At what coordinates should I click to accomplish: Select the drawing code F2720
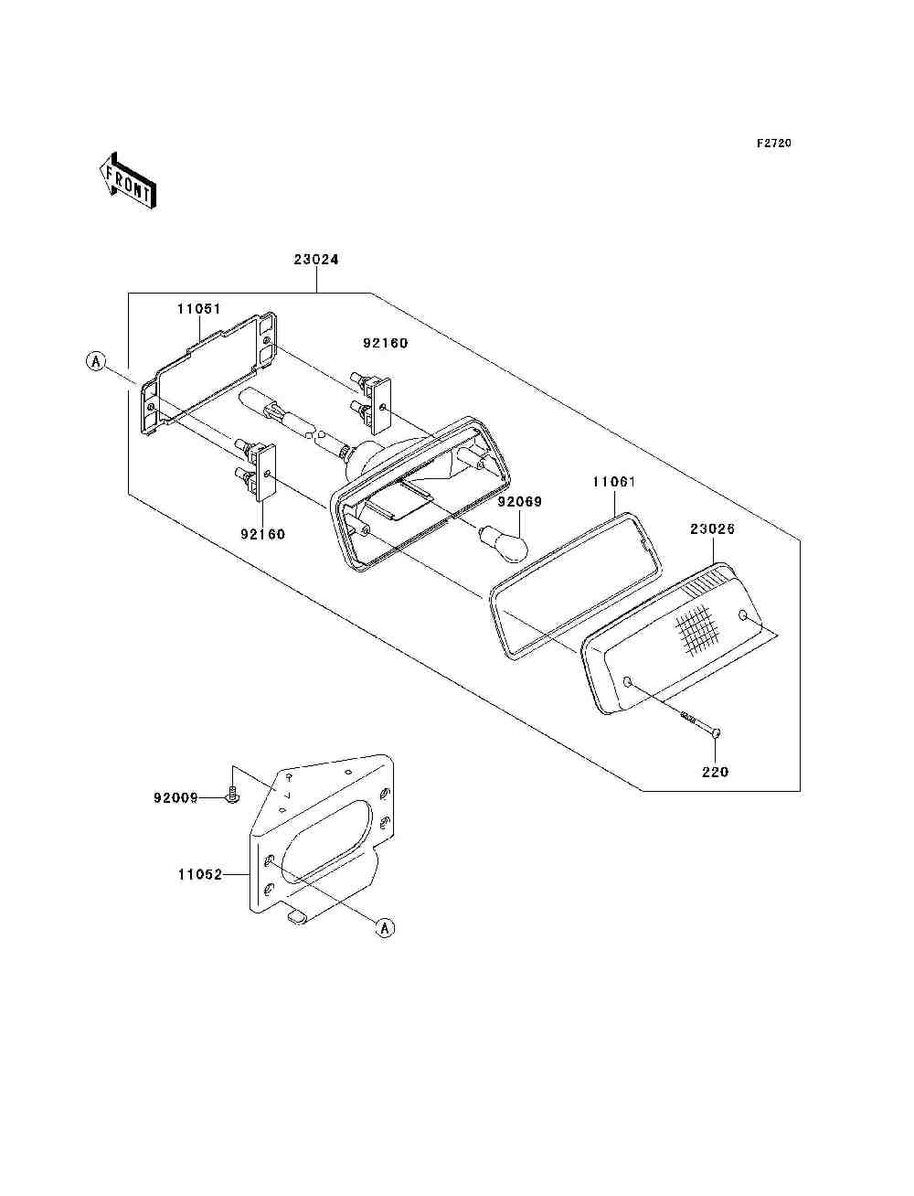tap(772, 144)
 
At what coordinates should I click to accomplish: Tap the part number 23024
tap(316, 260)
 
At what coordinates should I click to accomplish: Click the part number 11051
tap(199, 309)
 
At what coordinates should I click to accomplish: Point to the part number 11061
tap(614, 481)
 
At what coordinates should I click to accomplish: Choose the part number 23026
tap(712, 529)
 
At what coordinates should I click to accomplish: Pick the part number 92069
tap(520, 501)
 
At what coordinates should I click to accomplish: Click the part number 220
tap(715, 772)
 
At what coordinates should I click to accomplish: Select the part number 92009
tap(175, 797)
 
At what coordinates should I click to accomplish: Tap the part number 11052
tap(200, 874)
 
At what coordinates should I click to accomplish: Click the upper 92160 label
tap(385, 344)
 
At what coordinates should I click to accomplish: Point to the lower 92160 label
tap(262, 534)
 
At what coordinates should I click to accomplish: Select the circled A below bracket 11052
tap(385, 928)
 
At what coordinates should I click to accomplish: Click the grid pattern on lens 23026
tap(694, 630)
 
